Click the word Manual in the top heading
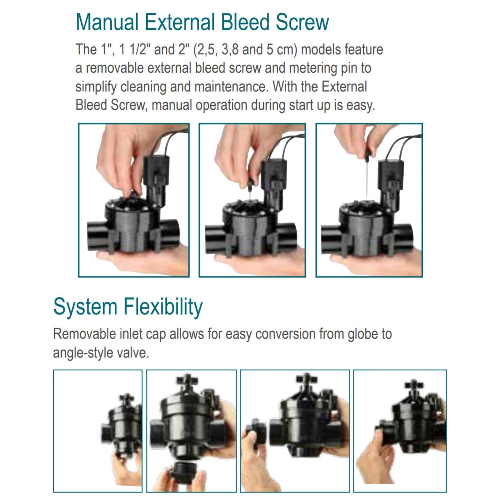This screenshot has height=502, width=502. (x=107, y=22)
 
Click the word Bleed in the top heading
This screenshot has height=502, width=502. (x=245, y=22)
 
